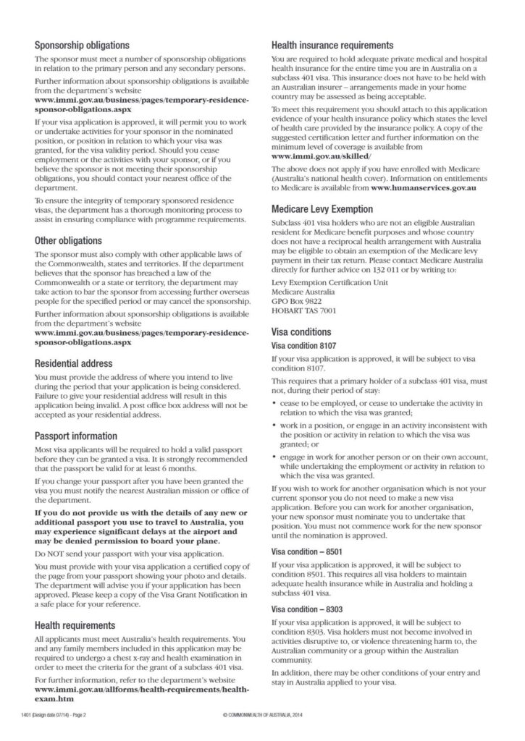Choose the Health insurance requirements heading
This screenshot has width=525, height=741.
pyautogui.click(x=332, y=45)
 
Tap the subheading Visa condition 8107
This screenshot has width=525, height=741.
pyautogui.click(x=302, y=346)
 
